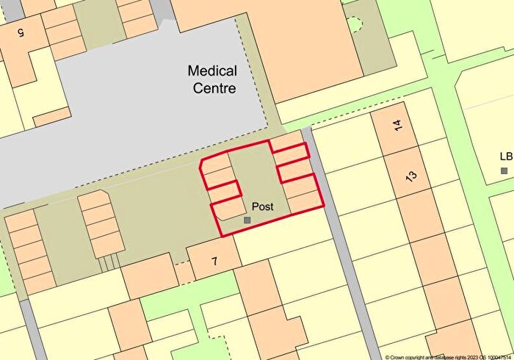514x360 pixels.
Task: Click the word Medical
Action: pos(212,71)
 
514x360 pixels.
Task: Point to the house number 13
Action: pos(410,176)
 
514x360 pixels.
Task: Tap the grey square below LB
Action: pos(504,170)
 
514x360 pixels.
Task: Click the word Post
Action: pos(262,206)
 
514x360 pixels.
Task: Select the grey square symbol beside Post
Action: pos(247,220)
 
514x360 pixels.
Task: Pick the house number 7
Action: pos(214,260)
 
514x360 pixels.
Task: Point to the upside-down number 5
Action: pos(19,33)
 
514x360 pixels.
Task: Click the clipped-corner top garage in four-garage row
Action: pos(95,200)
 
